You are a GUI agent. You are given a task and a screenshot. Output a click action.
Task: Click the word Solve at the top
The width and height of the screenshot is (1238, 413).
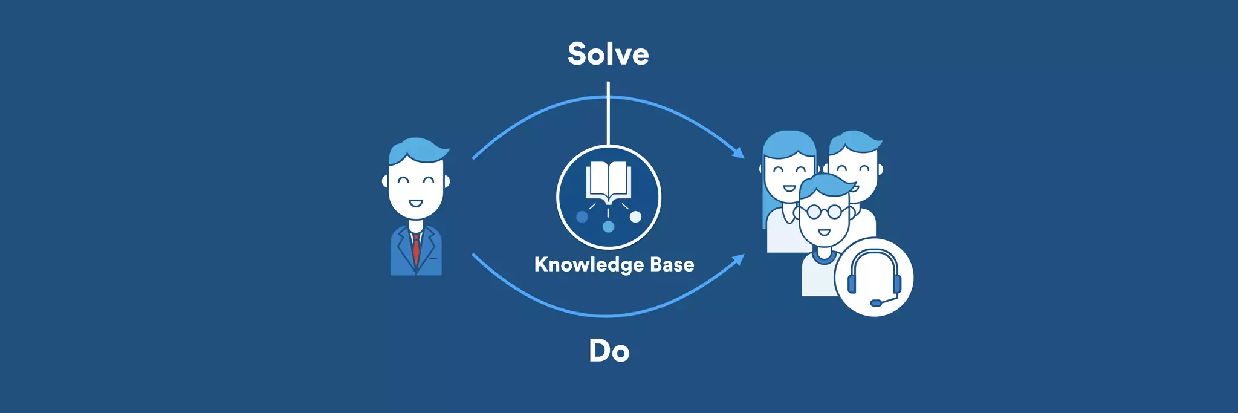[608, 54]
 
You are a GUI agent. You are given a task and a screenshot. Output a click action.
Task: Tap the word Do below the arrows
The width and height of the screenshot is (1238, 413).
[609, 351]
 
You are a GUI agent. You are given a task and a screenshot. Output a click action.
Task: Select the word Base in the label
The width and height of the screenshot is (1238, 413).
[672, 264]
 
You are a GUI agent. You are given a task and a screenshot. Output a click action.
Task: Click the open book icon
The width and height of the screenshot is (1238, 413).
[608, 180]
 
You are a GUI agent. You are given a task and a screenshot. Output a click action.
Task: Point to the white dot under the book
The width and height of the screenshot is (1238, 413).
[635, 216]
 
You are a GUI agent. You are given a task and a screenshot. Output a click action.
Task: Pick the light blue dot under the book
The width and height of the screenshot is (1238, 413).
[608, 227]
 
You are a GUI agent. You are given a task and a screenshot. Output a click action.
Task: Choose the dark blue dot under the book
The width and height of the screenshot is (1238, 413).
[582, 216]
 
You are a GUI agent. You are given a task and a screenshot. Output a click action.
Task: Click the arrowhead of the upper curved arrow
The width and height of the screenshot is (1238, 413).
[739, 152]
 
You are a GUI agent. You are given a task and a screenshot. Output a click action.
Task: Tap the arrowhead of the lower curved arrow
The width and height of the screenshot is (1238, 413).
[739, 260]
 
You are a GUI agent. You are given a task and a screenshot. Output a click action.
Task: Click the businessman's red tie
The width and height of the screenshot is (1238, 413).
[416, 249]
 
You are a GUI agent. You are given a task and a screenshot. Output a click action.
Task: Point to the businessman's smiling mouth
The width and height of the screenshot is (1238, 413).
[416, 203]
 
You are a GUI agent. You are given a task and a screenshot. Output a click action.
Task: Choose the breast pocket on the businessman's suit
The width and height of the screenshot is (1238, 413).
[433, 258]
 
